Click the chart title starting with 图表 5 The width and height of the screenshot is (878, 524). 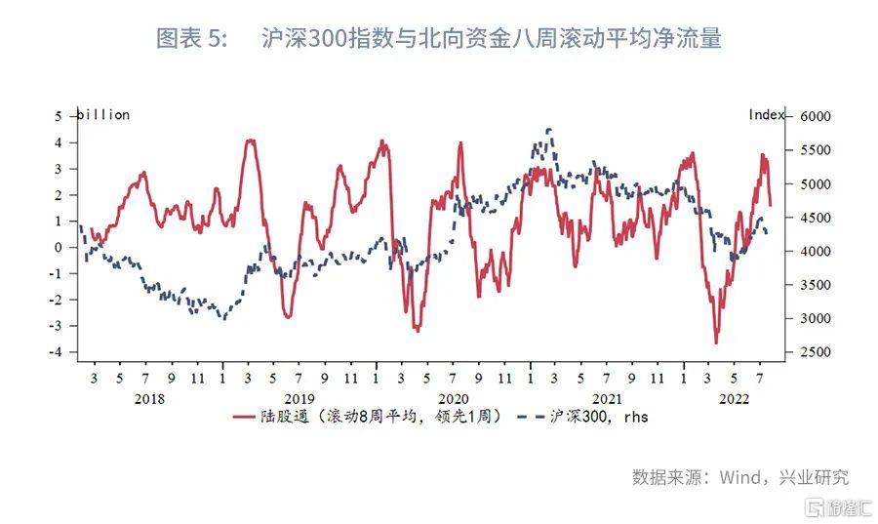(x=439, y=39)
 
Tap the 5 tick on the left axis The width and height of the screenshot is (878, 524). (x=58, y=116)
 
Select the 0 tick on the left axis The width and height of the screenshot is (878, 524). (x=58, y=248)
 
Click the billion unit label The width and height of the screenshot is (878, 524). (x=103, y=115)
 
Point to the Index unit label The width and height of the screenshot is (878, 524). (x=767, y=115)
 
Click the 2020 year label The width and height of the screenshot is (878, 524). (x=454, y=398)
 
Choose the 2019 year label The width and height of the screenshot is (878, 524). (x=299, y=398)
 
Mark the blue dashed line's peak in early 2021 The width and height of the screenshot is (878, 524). (x=550, y=129)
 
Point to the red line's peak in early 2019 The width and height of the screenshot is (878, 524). (x=250, y=141)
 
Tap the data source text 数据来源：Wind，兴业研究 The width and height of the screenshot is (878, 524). (x=739, y=477)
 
